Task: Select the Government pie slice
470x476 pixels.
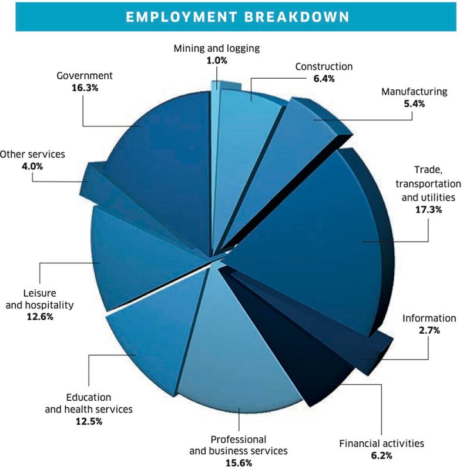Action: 159,165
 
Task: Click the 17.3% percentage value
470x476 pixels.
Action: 427,208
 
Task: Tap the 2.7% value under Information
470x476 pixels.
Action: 429,330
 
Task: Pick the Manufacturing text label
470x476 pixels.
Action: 414,92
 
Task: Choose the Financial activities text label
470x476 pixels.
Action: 381,443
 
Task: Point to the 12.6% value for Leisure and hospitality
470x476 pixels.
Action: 41,316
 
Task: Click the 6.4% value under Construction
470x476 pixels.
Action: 323,78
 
